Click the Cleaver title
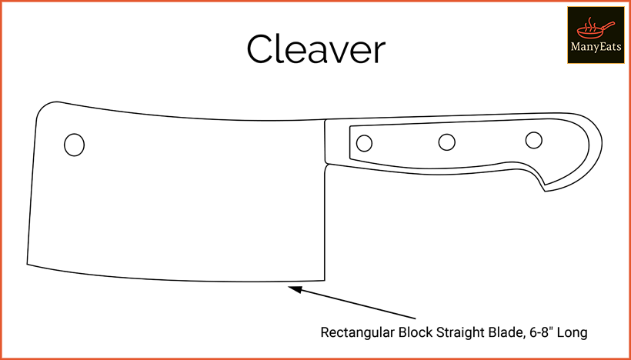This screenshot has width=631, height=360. pyautogui.click(x=316, y=49)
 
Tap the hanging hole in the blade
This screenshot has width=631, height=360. pyautogui.click(x=74, y=145)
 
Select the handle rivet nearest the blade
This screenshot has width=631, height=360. pyautogui.click(x=364, y=143)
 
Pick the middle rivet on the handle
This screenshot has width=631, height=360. pyautogui.click(x=446, y=142)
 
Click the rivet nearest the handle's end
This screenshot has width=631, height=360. pyautogui.click(x=533, y=140)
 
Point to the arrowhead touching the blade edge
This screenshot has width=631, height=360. pyautogui.click(x=295, y=289)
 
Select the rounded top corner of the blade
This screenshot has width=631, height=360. pyautogui.click(x=45, y=108)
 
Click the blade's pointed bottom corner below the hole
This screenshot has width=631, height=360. pyautogui.click(x=28, y=264)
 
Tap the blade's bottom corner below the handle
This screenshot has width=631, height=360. pyautogui.click(x=325, y=280)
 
